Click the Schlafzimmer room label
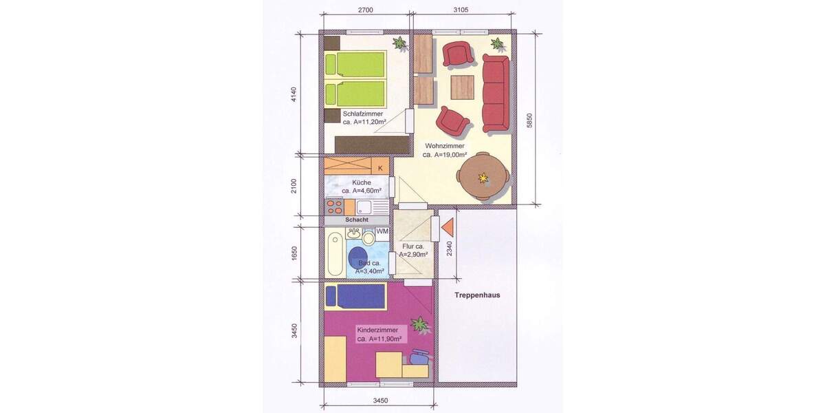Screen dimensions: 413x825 tap(365, 114)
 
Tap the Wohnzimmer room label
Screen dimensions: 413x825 tap(445, 146)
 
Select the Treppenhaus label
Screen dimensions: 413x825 tap(476, 295)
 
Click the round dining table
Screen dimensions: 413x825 tap(484, 177)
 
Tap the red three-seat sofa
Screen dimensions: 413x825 tap(495, 94)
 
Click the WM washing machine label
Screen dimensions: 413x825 tap(382, 231)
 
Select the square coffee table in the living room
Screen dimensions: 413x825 tap(463, 87)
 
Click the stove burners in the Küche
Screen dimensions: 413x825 tap(334, 206)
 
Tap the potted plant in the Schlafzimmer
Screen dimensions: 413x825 tap(399, 43)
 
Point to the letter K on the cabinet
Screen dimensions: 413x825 tap(380, 167)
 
